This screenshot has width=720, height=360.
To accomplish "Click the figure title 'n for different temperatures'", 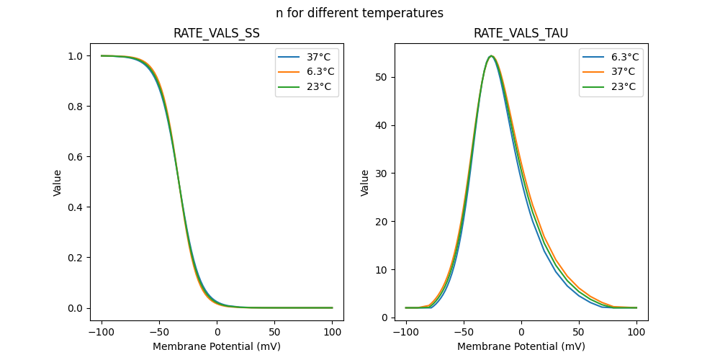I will (359, 13).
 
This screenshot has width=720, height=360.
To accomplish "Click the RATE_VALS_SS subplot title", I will (217, 33).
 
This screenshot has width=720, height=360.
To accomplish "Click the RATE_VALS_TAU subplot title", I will (521, 33).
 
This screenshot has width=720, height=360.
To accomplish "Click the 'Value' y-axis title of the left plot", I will (58, 182).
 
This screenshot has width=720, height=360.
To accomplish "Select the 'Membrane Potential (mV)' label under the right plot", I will (521, 346).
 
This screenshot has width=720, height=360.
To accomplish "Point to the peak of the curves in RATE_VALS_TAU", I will (491, 56).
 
